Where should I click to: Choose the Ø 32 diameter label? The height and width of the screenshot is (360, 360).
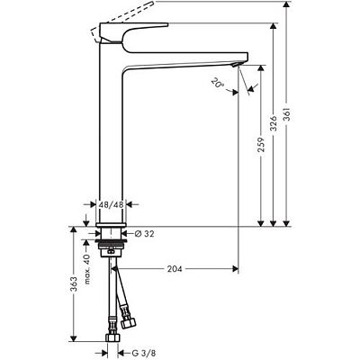tap(149, 233)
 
